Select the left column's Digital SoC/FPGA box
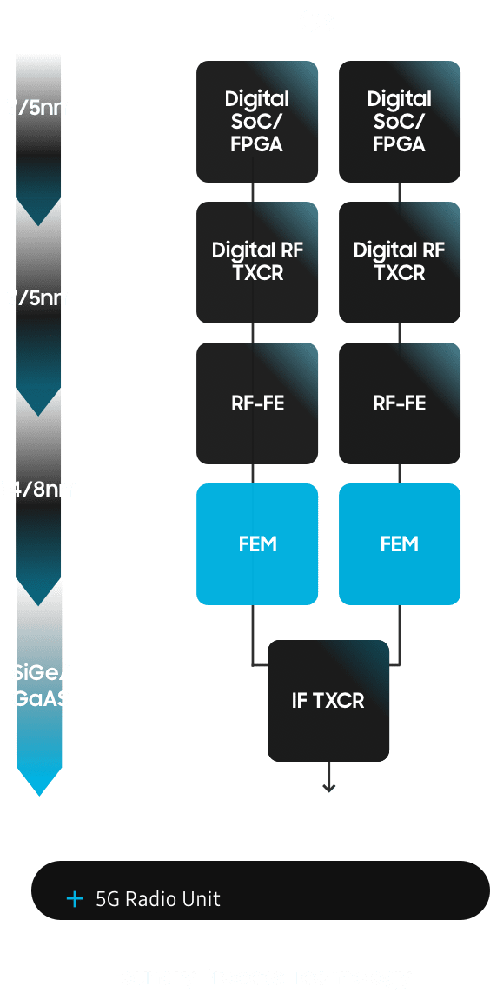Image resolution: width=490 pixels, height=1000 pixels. click(256, 122)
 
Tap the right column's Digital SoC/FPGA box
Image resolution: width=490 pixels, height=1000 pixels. click(399, 122)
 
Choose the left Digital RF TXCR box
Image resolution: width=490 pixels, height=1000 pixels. click(256, 262)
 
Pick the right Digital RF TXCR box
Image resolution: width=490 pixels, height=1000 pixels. click(399, 262)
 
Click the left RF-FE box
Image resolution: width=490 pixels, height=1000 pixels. click(256, 403)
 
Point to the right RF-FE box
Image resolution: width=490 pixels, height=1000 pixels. click(399, 403)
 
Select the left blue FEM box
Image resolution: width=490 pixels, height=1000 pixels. click(256, 544)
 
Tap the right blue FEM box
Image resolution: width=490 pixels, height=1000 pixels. click(399, 544)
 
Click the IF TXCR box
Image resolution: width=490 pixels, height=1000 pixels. click(328, 701)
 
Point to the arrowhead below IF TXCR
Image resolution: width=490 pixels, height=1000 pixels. click(328, 787)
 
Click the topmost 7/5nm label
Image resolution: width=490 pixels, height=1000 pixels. click(40, 109)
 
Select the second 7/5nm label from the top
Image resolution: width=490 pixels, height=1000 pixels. click(40, 298)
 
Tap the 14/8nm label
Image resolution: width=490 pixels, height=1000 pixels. click(40, 490)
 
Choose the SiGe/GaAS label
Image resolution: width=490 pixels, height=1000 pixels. click(40, 685)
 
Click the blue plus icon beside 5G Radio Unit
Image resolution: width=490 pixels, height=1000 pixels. click(75, 898)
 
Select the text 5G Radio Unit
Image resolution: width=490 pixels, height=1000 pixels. click(157, 899)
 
